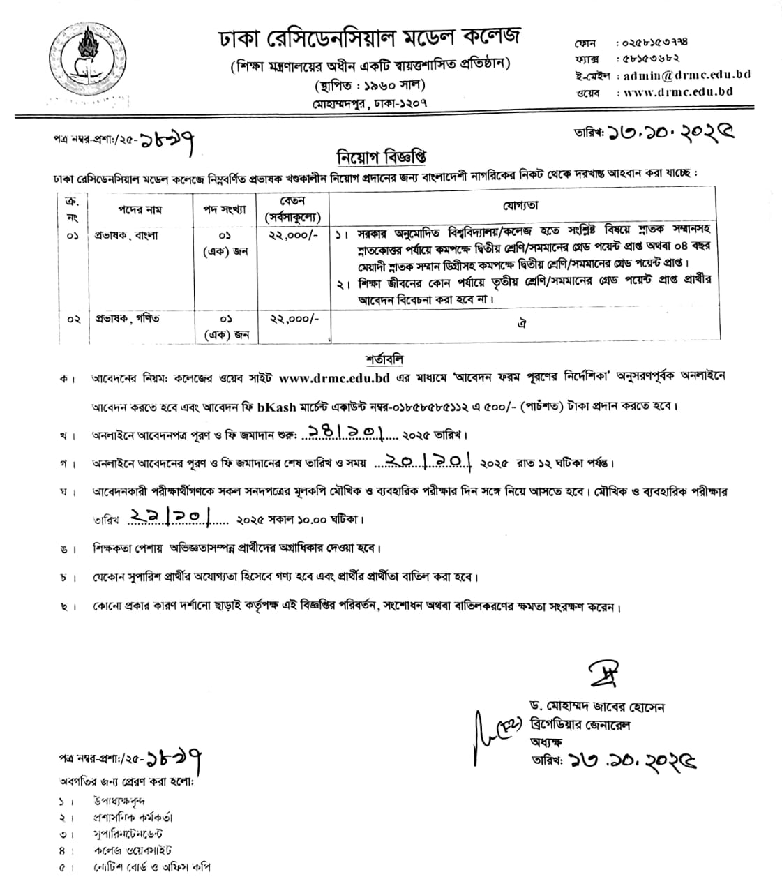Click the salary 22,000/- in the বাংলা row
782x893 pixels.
294,236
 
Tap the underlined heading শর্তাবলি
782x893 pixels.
384,360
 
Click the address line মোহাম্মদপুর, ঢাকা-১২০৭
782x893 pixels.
370,103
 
